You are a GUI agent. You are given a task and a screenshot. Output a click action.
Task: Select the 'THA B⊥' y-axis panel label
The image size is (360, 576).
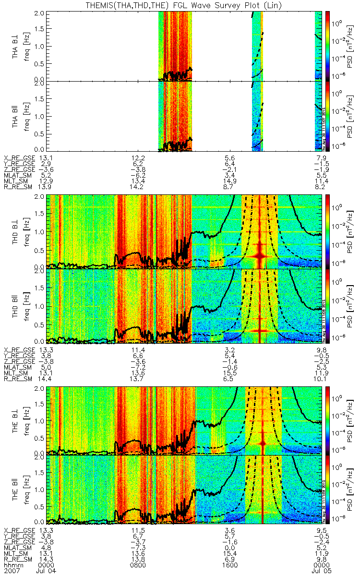click(17, 46)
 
